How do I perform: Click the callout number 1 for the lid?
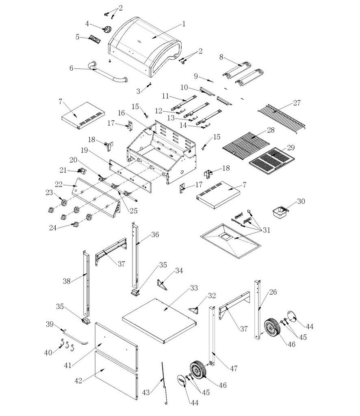pos(183,24)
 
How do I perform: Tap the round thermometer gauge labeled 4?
pos(108,30)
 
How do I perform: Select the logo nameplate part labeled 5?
pos(94,39)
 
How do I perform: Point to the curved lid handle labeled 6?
pos(108,73)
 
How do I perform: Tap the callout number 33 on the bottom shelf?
pos(194,288)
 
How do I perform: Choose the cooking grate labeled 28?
pos(246,144)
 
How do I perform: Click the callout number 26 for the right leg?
pos(273,292)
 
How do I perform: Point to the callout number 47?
pos(233,368)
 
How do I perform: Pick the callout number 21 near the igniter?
pos(63,169)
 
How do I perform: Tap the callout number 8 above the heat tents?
pos(221,57)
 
